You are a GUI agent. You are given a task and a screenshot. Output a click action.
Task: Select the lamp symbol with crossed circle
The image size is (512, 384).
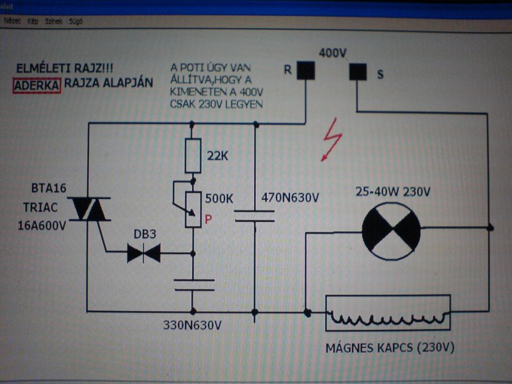click(x=391, y=228)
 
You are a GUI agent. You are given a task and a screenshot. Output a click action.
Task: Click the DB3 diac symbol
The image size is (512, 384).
click(x=143, y=253)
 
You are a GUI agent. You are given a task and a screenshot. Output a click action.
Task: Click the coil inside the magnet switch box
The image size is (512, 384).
click(x=388, y=315)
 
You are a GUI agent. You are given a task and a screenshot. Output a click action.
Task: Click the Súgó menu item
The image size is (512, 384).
click(x=76, y=21)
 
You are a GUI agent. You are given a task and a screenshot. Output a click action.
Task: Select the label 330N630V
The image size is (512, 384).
click(x=193, y=326)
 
